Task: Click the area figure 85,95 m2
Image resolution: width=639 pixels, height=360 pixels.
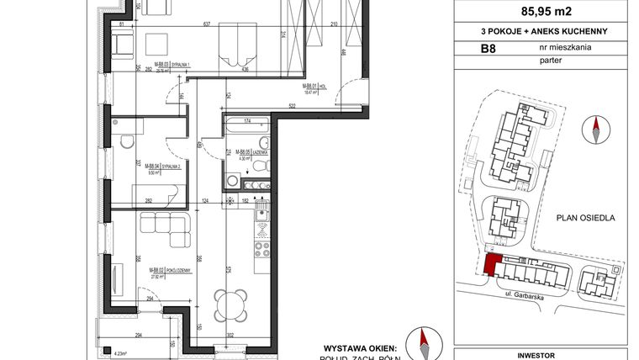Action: (x=541, y=13)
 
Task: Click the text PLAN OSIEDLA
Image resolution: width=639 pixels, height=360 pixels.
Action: (x=586, y=217)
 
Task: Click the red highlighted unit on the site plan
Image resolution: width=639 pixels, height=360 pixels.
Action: (x=490, y=266)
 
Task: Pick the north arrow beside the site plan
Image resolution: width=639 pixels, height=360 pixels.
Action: (x=595, y=130)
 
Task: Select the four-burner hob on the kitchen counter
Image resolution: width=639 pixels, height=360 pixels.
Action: (x=261, y=249)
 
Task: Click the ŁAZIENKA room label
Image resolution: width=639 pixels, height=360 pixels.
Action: (x=257, y=153)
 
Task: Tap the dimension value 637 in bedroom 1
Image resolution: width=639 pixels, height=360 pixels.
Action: (x=207, y=24)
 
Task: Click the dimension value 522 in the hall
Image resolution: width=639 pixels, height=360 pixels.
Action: (x=293, y=106)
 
